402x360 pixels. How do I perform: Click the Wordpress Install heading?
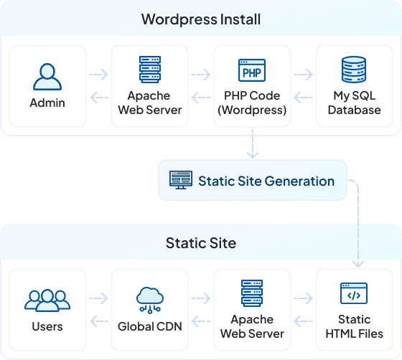pyautogui.click(x=201, y=19)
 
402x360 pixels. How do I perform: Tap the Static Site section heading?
pyautogui.click(x=201, y=243)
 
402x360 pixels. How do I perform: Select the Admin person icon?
pyautogui.click(x=47, y=75)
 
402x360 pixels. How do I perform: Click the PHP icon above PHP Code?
pyautogui.click(x=252, y=72)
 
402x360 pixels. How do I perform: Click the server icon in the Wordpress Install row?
pyautogui.click(x=149, y=70)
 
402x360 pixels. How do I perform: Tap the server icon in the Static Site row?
pyautogui.click(x=252, y=294)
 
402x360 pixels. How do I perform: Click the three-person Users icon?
pyautogui.click(x=47, y=300)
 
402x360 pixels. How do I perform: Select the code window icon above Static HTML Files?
pyautogui.click(x=354, y=294)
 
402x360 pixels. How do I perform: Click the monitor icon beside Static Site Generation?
pyautogui.click(x=180, y=180)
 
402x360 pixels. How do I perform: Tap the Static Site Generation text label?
pyautogui.click(x=266, y=181)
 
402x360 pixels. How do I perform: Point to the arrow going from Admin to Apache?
pyautogui.click(x=98, y=73)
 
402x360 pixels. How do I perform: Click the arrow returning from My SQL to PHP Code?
pyautogui.click(x=304, y=97)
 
